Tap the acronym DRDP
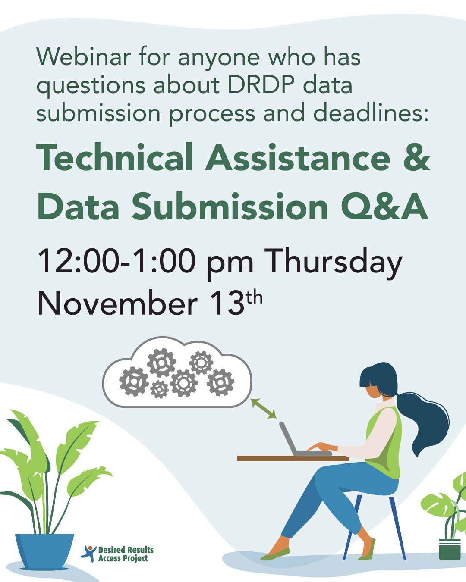tap(262, 85)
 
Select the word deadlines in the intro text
tap(371, 113)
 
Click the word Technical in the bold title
tap(115, 158)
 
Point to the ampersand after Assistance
tap(416, 158)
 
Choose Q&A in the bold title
tap(384, 207)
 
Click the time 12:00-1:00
tap(116, 261)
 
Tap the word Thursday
tap(333, 262)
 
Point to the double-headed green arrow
tap(264, 409)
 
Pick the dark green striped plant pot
tap(450, 549)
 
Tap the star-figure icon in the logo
tap(89, 553)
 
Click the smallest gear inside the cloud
tap(160, 389)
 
